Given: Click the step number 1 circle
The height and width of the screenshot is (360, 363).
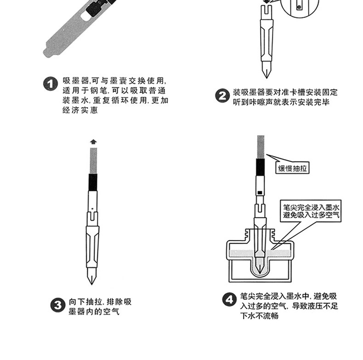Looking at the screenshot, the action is point(50,85).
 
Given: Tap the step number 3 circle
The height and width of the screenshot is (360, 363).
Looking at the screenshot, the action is point(57,306).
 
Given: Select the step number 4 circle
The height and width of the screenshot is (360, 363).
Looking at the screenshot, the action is point(229,300).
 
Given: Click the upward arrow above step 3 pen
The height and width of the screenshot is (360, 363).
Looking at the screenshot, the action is point(93,142).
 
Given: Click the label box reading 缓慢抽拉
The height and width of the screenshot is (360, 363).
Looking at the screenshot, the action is point(293,168).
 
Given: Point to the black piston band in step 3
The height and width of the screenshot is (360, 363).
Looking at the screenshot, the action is point(93,182).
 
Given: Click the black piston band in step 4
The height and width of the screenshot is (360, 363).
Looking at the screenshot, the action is point(260,167).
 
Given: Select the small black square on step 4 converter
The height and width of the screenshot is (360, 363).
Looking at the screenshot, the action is point(260,192).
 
